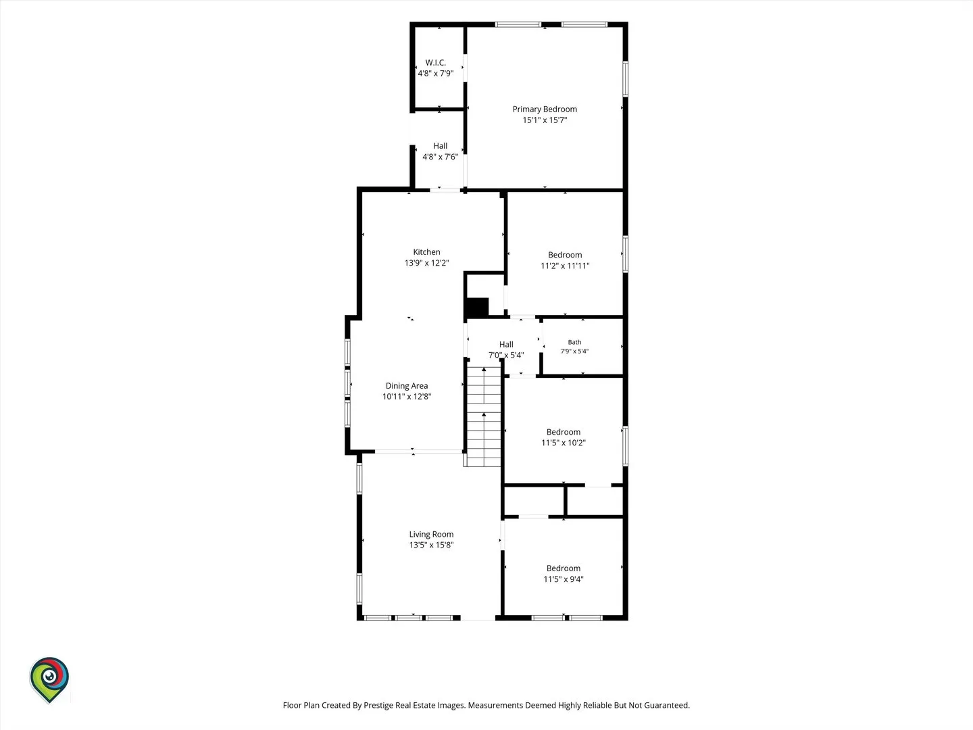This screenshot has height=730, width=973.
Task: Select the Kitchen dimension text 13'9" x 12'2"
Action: (x=426, y=263)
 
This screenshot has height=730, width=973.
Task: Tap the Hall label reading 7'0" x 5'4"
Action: (x=506, y=349)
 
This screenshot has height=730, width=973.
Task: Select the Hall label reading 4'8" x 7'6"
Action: (x=440, y=151)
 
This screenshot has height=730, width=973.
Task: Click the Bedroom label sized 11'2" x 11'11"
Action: (x=565, y=260)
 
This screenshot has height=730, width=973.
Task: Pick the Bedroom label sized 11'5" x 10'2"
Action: (x=564, y=437)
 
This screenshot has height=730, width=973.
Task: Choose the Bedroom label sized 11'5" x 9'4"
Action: (x=564, y=574)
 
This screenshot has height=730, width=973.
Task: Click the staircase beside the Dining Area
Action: (x=484, y=416)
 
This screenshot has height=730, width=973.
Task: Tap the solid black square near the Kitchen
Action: (x=478, y=308)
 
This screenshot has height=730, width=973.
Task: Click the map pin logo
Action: (x=49, y=680)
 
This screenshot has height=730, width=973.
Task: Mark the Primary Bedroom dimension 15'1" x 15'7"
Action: (x=545, y=120)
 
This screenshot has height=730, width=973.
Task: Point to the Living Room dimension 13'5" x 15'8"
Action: (x=431, y=545)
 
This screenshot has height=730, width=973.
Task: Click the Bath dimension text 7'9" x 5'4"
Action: (x=574, y=351)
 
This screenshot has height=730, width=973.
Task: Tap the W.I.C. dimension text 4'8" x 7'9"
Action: (x=435, y=73)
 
